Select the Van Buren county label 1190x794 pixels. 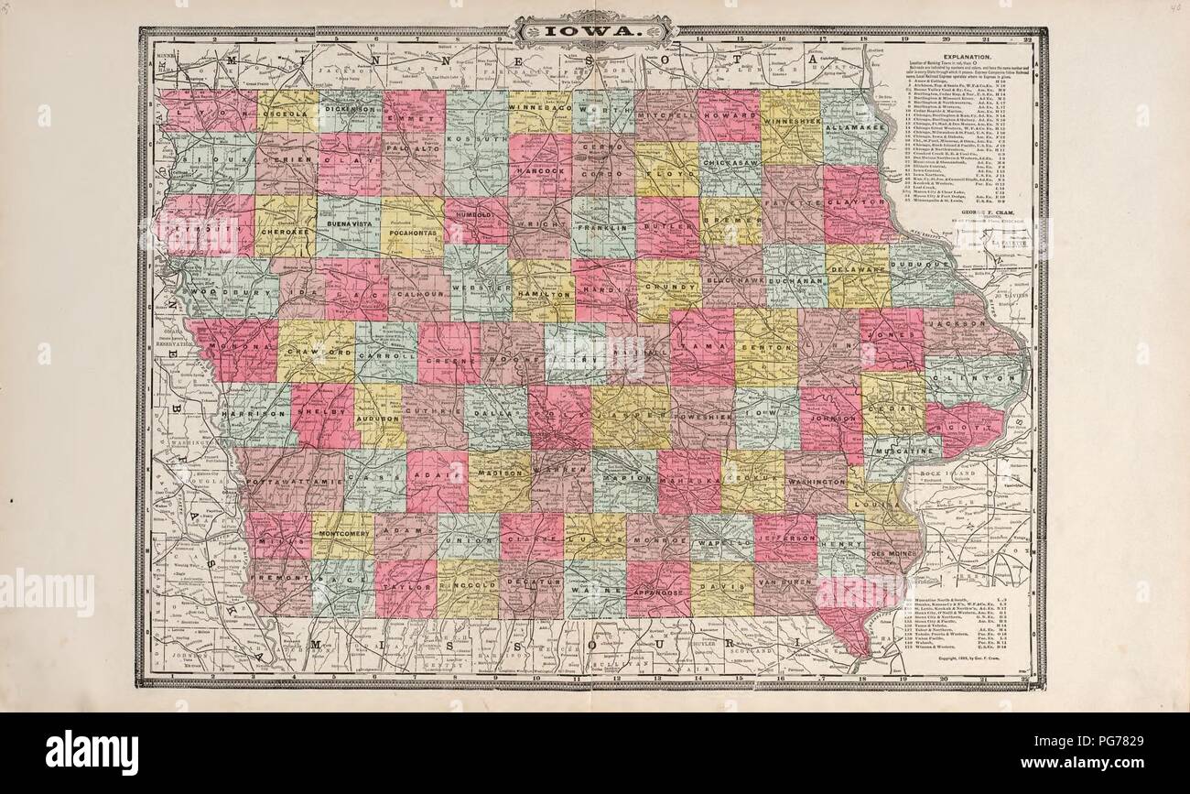785,583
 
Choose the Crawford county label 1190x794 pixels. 316,352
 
